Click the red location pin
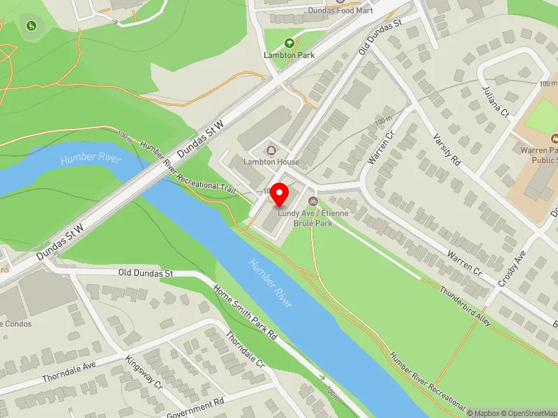coord(280,194)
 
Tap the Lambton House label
coord(271,162)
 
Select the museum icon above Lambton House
coord(271,149)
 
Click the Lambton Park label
coord(289,55)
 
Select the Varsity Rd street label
coord(447,150)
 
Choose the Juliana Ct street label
coord(495,102)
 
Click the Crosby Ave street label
coord(511,270)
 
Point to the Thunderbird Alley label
coord(465,306)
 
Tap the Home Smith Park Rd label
coord(246,313)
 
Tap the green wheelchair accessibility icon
coord(31,26)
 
